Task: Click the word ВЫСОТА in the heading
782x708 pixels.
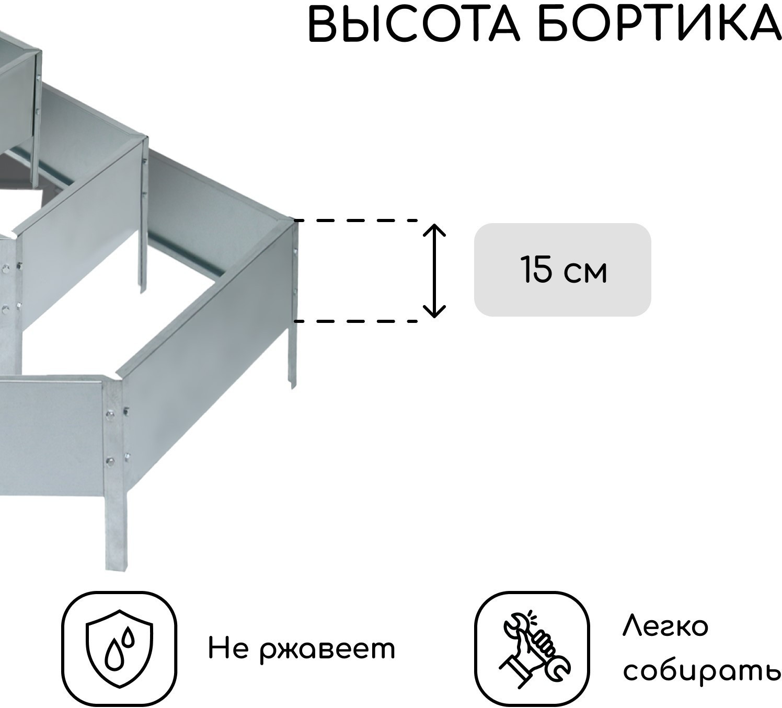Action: (413, 24)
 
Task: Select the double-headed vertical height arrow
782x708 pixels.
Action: (434, 271)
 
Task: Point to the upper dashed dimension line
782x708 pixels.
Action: (355, 220)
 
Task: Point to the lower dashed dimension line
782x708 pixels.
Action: (355, 321)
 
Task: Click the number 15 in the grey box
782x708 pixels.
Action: (536, 270)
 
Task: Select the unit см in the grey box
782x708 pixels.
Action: (585, 274)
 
